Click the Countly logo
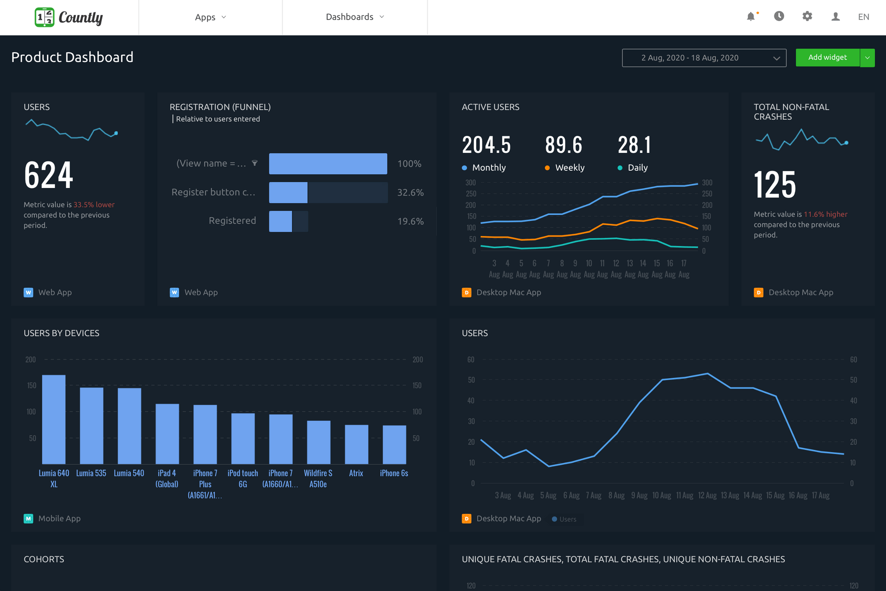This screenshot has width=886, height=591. (69, 17)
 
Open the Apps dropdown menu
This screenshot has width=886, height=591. (210, 17)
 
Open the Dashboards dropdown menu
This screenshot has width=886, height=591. (355, 17)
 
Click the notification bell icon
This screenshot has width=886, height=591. (751, 17)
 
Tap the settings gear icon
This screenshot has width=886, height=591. (807, 16)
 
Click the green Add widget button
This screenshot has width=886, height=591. (827, 58)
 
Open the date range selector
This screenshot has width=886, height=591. (704, 58)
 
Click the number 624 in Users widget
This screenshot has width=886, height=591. (49, 175)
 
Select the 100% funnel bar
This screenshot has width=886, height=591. (328, 164)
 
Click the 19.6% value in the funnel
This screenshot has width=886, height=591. (410, 221)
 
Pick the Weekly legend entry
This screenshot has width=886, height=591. (569, 168)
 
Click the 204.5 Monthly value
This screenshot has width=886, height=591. (486, 145)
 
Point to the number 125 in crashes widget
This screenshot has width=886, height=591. (775, 184)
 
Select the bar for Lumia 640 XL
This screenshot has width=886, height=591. (54, 419)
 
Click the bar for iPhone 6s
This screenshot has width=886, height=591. (394, 444)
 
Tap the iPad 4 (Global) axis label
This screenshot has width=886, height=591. (167, 479)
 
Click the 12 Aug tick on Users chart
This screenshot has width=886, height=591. (707, 495)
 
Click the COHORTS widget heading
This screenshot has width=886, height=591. (44, 559)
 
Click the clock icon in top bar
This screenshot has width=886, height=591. (779, 16)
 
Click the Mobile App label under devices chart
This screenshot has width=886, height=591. (59, 518)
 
